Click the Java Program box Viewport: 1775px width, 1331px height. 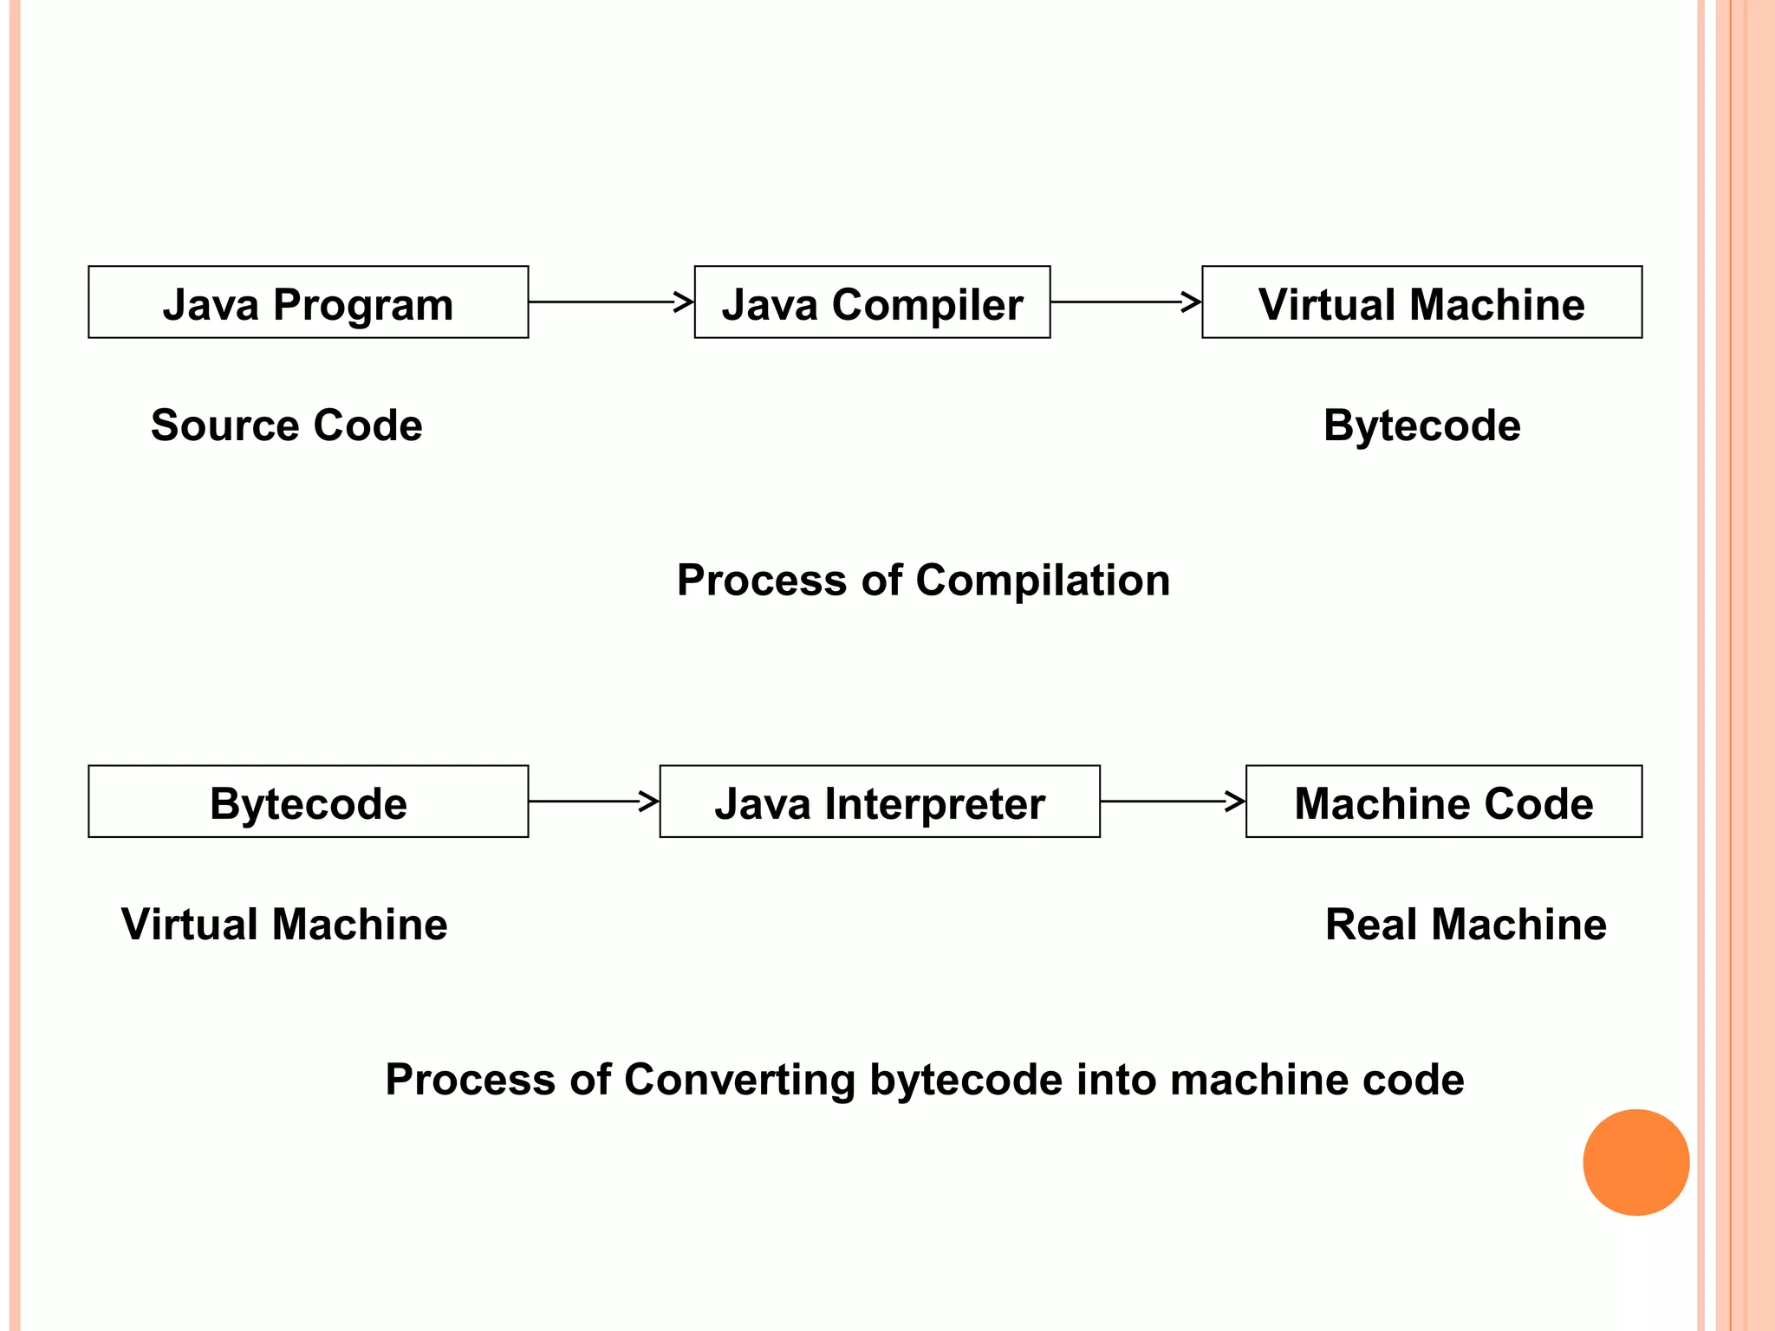point(308,302)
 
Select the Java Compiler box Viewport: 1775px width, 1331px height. point(872,302)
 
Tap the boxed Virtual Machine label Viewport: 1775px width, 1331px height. point(1421,302)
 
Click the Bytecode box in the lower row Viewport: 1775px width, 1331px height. point(308,802)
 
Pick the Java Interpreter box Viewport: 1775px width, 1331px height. point(880,802)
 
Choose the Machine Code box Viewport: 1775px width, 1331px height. point(1443,802)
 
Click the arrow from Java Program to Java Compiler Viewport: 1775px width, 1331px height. point(611,302)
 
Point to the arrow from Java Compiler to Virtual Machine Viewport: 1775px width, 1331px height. point(1125,302)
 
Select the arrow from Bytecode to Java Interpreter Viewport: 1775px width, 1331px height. point(594,801)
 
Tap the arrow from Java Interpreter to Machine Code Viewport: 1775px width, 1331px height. point(1172,801)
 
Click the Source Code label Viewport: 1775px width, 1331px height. point(286,425)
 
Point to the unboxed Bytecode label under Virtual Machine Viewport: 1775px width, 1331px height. point(1421,425)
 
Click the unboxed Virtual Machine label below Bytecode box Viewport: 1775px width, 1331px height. point(284,924)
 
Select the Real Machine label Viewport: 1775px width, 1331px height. point(1466,924)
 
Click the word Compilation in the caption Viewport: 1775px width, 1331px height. point(1043,581)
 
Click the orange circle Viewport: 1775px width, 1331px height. point(1635,1162)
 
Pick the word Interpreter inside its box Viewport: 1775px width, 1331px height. point(934,804)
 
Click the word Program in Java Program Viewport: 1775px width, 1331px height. point(363,306)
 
